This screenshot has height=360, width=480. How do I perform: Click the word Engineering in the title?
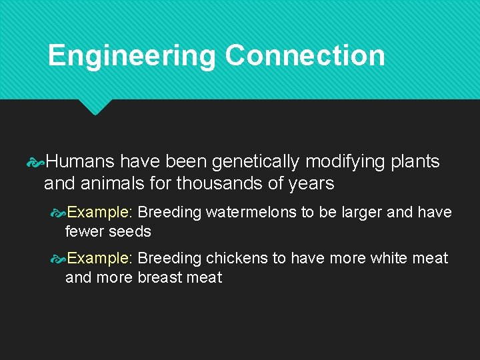pos(131,56)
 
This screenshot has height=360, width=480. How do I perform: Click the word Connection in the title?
pos(305,55)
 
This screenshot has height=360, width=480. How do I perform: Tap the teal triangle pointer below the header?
pos(94,107)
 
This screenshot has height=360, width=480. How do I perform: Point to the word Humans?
pos(80,162)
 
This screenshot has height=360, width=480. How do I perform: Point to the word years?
pos(313,184)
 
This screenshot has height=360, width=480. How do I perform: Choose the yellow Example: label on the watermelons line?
pos(101,213)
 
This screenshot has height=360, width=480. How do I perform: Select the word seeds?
pos(130,232)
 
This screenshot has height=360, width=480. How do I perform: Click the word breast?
pos(160,277)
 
